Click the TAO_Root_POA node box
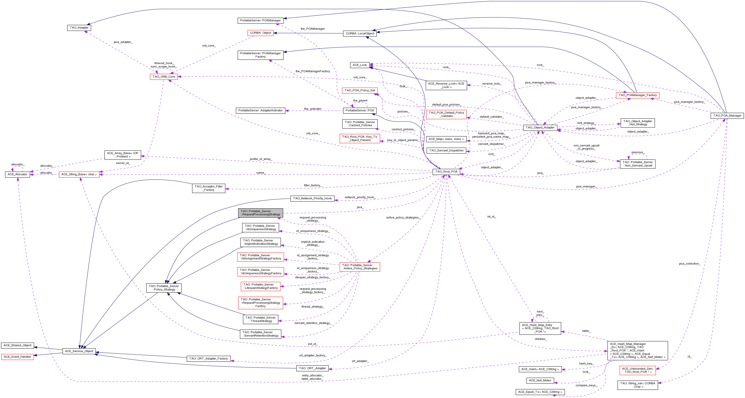(446, 171)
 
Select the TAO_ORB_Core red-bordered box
(164, 77)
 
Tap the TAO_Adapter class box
(79, 28)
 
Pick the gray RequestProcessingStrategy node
(260, 213)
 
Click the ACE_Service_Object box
(79, 351)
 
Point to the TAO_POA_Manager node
(727, 115)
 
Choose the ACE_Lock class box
(359, 65)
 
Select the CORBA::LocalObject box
(360, 34)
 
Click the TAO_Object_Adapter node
(540, 128)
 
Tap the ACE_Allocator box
(17, 174)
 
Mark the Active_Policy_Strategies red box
(359, 267)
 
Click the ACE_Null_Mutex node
(540, 380)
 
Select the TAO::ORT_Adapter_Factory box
(208, 359)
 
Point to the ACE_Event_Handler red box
(17, 357)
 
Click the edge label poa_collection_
(689, 264)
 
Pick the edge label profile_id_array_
(261, 159)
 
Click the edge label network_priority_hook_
(359, 197)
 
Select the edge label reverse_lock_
(492, 84)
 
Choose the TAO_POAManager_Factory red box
(637, 95)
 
